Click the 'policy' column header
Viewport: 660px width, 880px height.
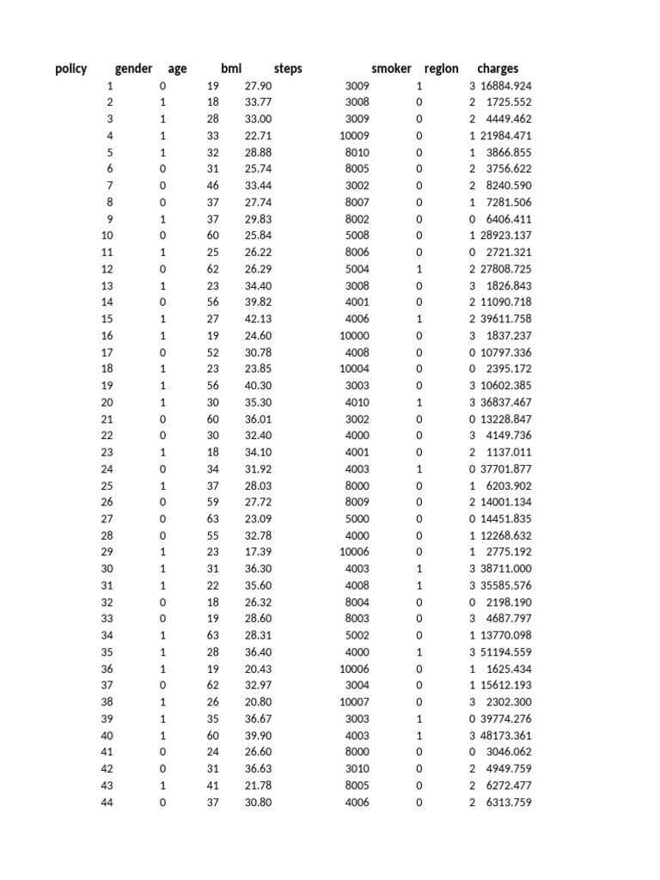tap(70, 69)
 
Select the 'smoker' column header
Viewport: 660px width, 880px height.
tap(391, 69)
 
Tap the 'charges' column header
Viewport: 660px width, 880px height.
tap(498, 69)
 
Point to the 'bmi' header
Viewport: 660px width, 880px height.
tap(231, 69)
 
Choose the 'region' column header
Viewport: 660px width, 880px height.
tap(441, 69)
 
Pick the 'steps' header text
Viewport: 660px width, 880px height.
tap(288, 69)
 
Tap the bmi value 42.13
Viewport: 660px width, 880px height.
tap(258, 319)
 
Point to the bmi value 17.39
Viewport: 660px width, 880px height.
tap(258, 552)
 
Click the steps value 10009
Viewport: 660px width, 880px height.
tap(355, 136)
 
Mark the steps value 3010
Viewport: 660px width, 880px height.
tap(357, 769)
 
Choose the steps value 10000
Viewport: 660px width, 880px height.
tap(355, 335)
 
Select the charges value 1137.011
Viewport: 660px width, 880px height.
tap(509, 452)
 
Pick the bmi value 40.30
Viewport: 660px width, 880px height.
tap(258, 385)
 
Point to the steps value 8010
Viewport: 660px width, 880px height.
tap(357, 152)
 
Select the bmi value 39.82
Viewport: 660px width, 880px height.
tap(258, 302)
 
